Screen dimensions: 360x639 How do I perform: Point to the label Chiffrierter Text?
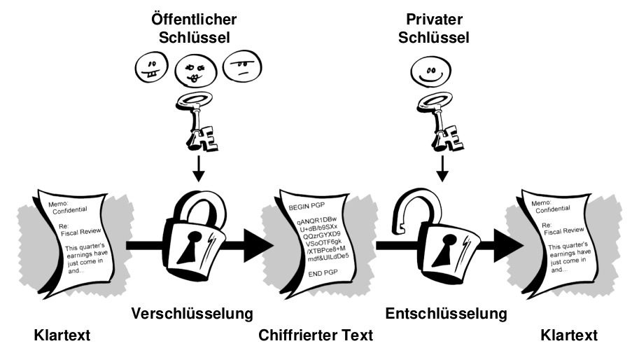coord(316,336)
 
